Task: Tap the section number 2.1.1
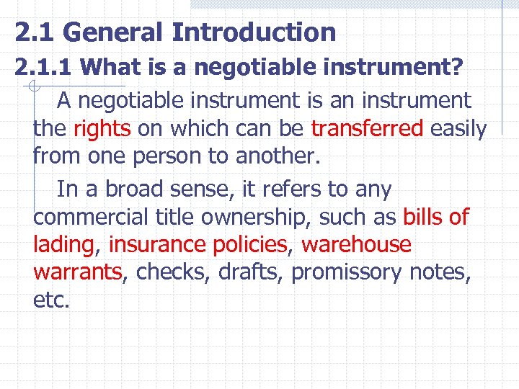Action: pos(44,68)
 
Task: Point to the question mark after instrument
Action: pos(457,68)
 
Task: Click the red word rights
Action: pos(102,129)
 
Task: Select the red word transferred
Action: pos(367,129)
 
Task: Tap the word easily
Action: pos(458,129)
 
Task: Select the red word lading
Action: pos(63,246)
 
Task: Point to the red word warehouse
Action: pos(356,245)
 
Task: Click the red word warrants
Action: pos(77,272)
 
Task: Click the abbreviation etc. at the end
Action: pos(51,300)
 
